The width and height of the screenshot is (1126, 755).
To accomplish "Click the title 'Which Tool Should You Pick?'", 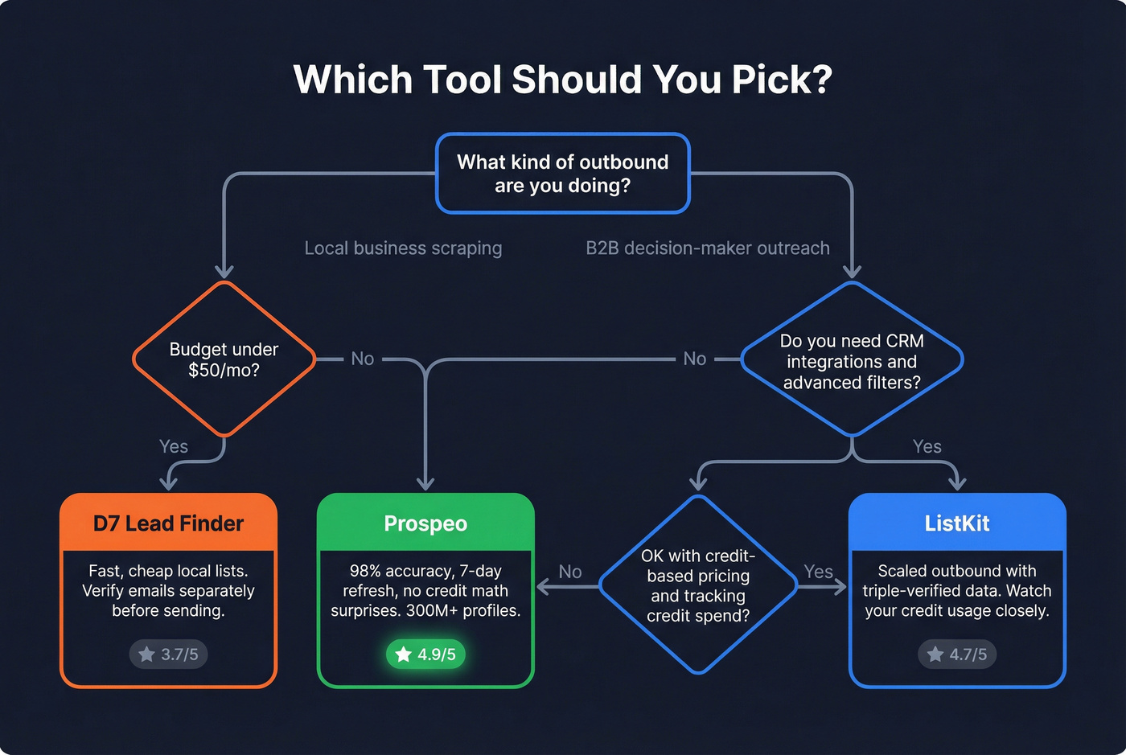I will [x=562, y=80].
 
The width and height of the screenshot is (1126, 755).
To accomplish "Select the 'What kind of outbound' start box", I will [x=562, y=174].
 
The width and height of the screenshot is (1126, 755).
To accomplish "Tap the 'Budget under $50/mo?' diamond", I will [x=224, y=359].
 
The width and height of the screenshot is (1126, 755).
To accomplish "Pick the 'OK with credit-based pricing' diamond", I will [x=698, y=585].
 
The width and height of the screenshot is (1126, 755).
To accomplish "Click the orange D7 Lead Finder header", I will [x=168, y=523].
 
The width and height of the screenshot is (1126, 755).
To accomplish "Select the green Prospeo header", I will [x=425, y=523].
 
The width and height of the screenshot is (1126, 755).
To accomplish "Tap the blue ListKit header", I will [x=957, y=523].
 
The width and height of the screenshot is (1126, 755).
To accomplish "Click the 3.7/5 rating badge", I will [x=169, y=654].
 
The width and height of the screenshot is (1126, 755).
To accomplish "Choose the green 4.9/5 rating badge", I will [x=426, y=654].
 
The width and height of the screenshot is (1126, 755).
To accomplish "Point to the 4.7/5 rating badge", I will [x=957, y=654].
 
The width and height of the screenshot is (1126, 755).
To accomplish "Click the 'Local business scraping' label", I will [x=403, y=248].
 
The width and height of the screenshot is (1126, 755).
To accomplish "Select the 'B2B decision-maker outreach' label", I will [x=708, y=248].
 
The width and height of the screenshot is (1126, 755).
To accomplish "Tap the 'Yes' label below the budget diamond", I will [x=174, y=447].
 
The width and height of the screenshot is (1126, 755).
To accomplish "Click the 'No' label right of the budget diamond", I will [x=363, y=359].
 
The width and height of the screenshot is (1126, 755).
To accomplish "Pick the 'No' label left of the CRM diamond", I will [x=695, y=359].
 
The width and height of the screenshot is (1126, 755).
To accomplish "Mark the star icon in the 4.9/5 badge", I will [x=404, y=654].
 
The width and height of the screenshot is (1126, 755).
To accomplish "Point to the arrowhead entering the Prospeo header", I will [x=425, y=483].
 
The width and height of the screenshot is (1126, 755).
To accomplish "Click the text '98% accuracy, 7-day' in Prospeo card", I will [x=425, y=571].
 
